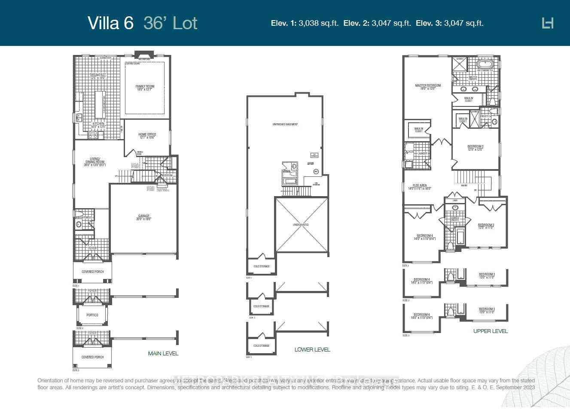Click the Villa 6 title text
pyautogui.click(x=111, y=23)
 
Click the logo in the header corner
pyautogui.click(x=548, y=23)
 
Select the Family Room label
pyautogui.click(x=145, y=88)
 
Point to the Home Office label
pyautogui.click(x=147, y=136)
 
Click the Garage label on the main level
pyautogui.click(x=144, y=217)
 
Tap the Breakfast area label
pyautogui.click(x=98, y=76)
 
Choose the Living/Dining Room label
pyautogui.click(x=94, y=161)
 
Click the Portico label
pyautogui.click(x=92, y=315)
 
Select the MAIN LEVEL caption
pyautogui.click(x=163, y=354)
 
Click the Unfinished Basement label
pyautogui.click(x=285, y=124)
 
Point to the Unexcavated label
pyautogui.click(x=301, y=225)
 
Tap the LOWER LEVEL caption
pyautogui.click(x=312, y=350)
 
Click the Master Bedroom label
pyautogui.click(x=428, y=87)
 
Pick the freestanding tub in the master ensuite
pyautogui.click(x=485, y=65)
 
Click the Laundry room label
pyautogui.click(x=423, y=153)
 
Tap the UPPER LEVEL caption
pyautogui.click(x=491, y=331)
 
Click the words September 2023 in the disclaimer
pyautogui.click(x=517, y=388)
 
